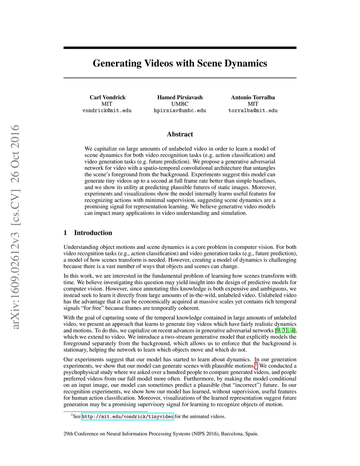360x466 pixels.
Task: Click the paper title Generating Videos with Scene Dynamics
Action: coord(180,63)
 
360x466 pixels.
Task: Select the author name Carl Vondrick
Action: coord(107,97)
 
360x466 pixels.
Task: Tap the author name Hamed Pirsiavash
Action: coord(180,97)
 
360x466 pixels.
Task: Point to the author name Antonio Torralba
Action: coord(253,97)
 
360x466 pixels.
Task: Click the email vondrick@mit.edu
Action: coord(107,110)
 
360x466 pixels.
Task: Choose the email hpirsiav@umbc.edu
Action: coord(180,110)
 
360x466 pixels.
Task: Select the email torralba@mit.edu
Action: coord(253,110)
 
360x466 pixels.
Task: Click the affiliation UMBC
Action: coord(180,104)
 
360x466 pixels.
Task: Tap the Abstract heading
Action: coord(180,134)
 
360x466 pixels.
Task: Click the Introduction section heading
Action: coord(93,233)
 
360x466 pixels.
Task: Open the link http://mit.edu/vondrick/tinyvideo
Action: coord(127,417)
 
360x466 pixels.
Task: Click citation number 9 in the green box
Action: coord(278,331)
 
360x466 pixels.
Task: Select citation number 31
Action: coord(285,331)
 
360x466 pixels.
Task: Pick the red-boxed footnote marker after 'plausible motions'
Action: coord(256,365)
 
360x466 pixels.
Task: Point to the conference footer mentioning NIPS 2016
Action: coord(161,434)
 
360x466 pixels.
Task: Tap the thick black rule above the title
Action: coord(180,48)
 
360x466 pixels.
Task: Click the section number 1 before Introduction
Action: coord(65,233)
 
